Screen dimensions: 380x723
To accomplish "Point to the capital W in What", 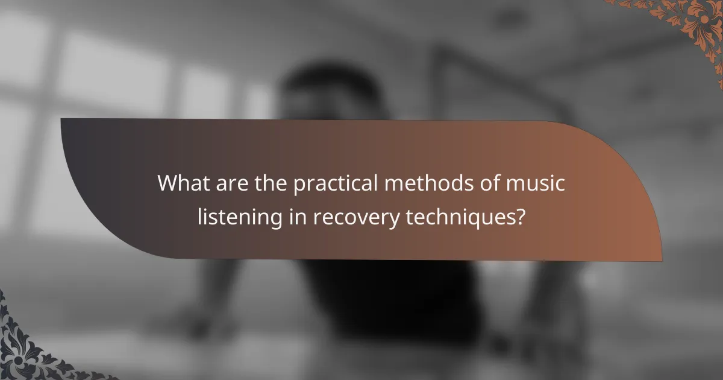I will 169,183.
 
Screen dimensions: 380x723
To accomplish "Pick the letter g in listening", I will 274,220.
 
